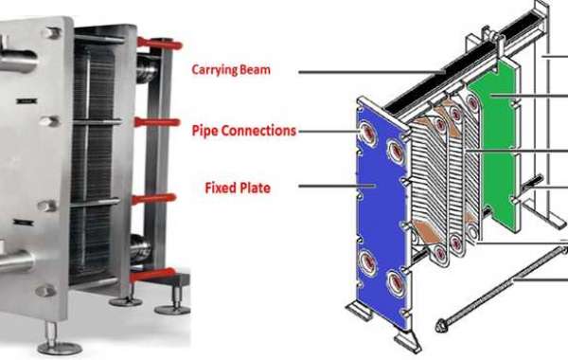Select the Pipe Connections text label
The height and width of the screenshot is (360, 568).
[x=244, y=130]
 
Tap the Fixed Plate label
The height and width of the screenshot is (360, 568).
[x=238, y=188]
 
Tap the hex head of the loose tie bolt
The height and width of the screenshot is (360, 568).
[x=440, y=324]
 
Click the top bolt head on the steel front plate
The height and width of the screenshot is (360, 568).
[x=49, y=34]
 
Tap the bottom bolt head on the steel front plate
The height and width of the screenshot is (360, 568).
[x=44, y=291]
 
